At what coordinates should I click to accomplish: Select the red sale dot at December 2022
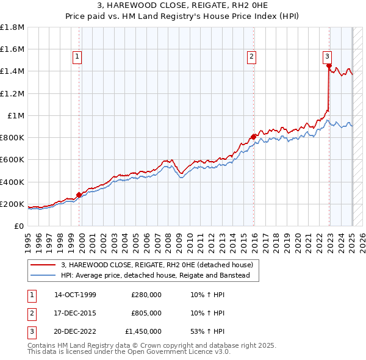(329, 66)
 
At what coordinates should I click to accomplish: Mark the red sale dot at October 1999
(79, 195)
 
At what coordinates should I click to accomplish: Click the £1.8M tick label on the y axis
(12, 27)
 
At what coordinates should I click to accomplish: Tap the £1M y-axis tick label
(15, 115)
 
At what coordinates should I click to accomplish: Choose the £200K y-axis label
(12, 204)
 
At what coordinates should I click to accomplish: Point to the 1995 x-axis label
(28, 240)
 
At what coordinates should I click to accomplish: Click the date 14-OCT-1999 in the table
(75, 295)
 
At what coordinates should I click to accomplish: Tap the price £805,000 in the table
(146, 313)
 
